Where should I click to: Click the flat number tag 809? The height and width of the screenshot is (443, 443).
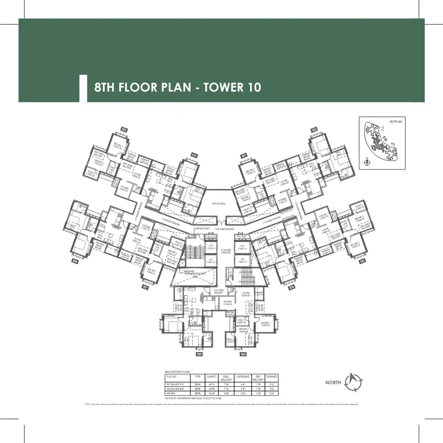(x=124, y=130)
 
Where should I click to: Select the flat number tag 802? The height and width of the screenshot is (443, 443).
(x=314, y=130)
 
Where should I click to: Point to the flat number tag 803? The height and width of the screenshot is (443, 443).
(x=363, y=262)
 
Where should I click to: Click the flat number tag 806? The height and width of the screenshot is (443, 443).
(x=199, y=353)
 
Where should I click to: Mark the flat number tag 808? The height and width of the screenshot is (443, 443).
(x=75, y=262)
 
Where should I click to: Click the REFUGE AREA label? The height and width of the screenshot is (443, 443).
(x=220, y=204)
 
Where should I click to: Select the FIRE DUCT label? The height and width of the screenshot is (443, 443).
(x=211, y=237)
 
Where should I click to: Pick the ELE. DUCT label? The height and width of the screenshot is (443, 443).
(x=242, y=237)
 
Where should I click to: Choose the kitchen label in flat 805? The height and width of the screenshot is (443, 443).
(x=228, y=303)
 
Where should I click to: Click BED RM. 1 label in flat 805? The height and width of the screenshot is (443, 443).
(x=266, y=325)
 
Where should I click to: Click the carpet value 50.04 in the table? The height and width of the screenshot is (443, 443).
(x=211, y=393)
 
